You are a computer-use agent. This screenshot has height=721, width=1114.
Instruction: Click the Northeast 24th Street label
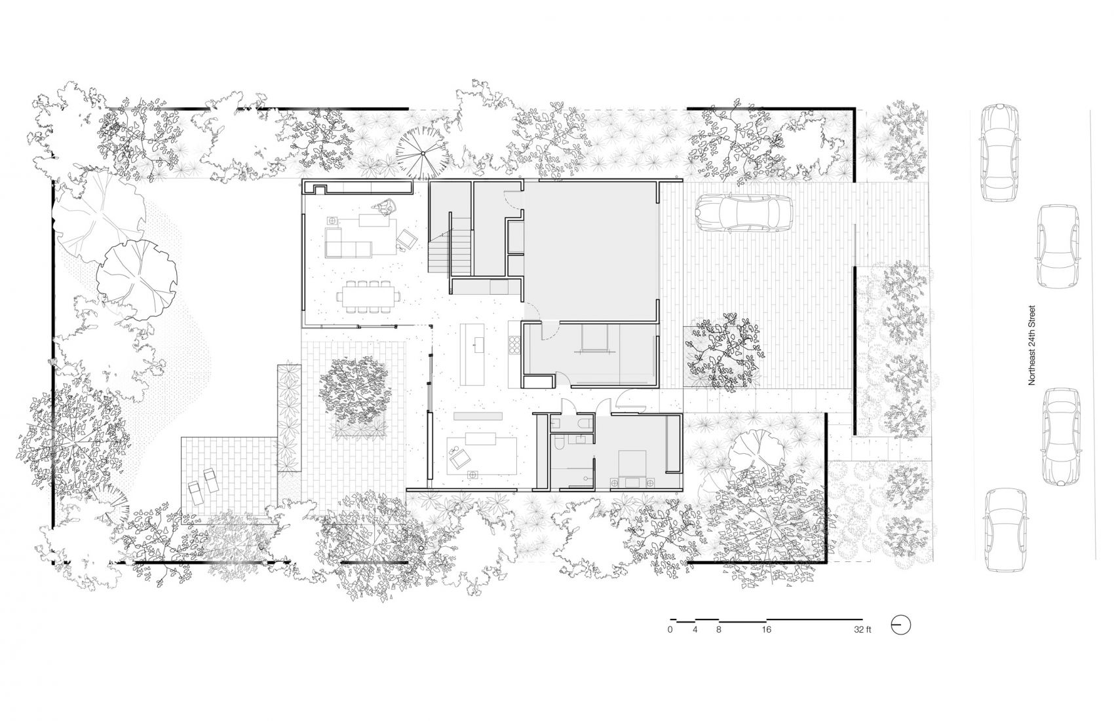pyautogui.click(x=1031, y=345)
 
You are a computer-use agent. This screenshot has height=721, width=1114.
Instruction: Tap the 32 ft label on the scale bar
pyautogui.click(x=862, y=629)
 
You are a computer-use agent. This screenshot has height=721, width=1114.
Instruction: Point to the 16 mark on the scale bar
pyautogui.click(x=767, y=629)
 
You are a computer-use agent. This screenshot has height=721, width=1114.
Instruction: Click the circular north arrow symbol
pyautogui.click(x=900, y=625)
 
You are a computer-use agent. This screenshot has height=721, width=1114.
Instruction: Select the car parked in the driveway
pyautogui.click(x=744, y=213)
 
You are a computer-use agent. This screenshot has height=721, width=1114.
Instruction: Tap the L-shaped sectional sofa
pyautogui.click(x=347, y=242)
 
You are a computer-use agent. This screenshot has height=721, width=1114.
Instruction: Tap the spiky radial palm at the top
pyautogui.click(x=422, y=153)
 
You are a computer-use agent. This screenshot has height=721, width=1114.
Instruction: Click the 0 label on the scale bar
pyautogui.click(x=670, y=629)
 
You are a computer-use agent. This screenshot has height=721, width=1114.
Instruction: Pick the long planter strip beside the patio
pyautogui.click(x=289, y=418)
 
